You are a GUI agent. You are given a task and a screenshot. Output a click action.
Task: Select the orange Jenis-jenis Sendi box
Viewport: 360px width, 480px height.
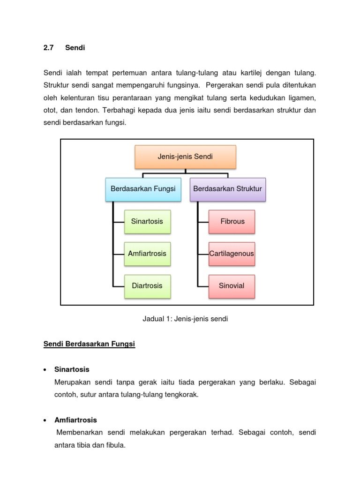tap(185, 157)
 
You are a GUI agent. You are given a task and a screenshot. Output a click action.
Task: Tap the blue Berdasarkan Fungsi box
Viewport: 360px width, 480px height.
tap(143, 189)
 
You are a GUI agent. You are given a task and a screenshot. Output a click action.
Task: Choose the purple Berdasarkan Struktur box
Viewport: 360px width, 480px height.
tap(227, 189)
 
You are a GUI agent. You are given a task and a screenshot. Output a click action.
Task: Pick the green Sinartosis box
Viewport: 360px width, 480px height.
tap(147, 221)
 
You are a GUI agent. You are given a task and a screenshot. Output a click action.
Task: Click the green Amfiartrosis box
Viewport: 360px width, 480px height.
tap(147, 254)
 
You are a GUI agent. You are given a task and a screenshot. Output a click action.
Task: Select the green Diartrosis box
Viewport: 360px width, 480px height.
tap(147, 286)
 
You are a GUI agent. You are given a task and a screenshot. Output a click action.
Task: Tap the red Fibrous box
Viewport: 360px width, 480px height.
tap(232, 221)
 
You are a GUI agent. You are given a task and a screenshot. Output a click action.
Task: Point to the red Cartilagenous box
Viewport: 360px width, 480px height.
tap(232, 254)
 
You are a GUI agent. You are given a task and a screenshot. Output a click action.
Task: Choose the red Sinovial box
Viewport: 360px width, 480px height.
tap(232, 286)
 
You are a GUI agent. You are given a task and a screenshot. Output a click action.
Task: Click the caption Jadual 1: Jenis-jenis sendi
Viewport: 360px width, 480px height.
tap(185, 319)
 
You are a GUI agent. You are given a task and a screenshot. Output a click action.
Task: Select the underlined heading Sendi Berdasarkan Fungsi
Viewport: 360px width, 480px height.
tap(89, 345)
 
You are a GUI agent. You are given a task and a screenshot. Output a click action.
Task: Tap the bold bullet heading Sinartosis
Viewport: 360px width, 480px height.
tap(72, 369)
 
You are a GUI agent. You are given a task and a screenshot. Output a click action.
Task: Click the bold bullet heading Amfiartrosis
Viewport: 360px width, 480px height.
tap(75, 420)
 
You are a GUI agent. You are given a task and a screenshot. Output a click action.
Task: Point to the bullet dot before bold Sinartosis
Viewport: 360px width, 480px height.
tap(45, 370)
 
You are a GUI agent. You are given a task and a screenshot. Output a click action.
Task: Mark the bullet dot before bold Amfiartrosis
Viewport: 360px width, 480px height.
tap(45, 420)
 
